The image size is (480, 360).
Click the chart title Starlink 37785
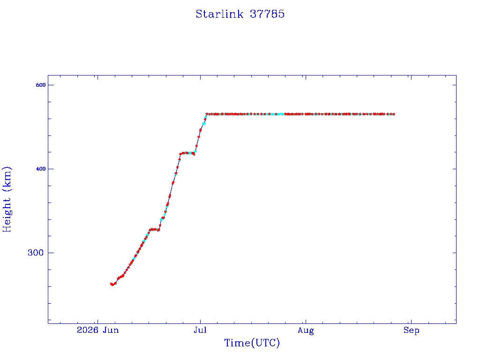(240, 14)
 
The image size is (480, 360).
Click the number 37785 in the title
(267, 14)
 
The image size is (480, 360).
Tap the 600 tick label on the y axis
(41, 85)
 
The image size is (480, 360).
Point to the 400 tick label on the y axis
(41, 169)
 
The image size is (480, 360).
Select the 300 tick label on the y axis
(36, 253)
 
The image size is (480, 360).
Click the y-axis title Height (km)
(7, 199)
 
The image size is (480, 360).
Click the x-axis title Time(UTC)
(252, 343)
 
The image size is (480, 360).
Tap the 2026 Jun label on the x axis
(97, 330)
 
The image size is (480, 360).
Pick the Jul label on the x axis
(200, 330)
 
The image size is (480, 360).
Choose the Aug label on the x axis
(306, 330)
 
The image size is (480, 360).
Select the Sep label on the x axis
(411, 330)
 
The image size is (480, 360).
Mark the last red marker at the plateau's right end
(394, 114)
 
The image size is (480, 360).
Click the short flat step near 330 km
(154, 229)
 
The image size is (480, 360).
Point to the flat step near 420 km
(187, 153)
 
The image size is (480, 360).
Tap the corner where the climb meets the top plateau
(207, 114)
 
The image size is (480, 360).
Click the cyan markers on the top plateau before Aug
(277, 114)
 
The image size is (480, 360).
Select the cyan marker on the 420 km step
(190, 153)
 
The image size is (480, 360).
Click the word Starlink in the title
(219, 14)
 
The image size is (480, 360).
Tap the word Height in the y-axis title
(7, 215)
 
